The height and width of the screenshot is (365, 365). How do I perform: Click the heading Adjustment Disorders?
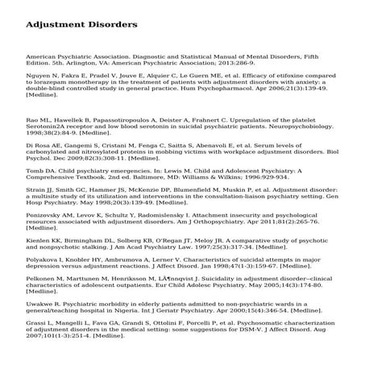click(82, 25)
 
